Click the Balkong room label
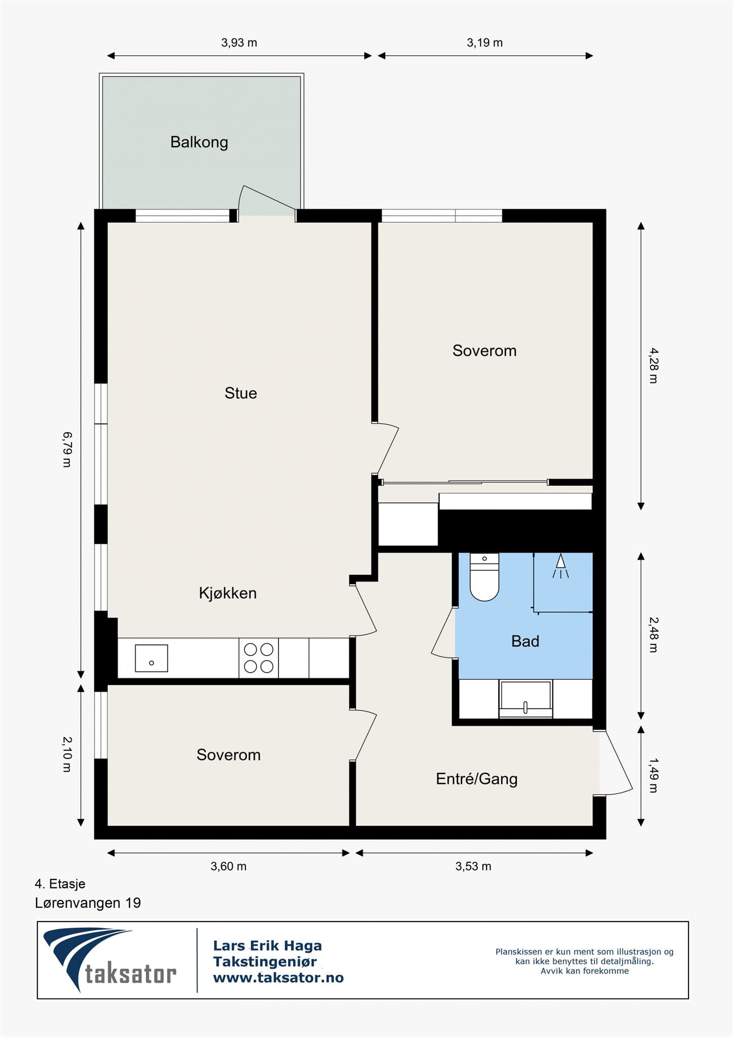pyautogui.click(x=199, y=142)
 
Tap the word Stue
pyautogui.click(x=241, y=393)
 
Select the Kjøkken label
pyautogui.click(x=228, y=593)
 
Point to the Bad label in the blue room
pyautogui.click(x=525, y=641)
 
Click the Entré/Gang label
pyautogui.click(x=477, y=778)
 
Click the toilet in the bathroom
pyautogui.click(x=484, y=577)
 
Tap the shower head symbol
pyautogui.click(x=560, y=566)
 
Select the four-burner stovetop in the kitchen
pyautogui.click(x=259, y=658)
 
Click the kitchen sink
pyautogui.click(x=151, y=658)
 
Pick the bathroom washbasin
pyautogui.click(x=525, y=699)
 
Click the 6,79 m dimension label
pyautogui.click(x=67, y=449)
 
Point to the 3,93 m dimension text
pyautogui.click(x=239, y=43)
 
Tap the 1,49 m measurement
pyautogui.click(x=653, y=775)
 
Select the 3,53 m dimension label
pyautogui.click(x=473, y=866)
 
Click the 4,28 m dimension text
pyautogui.click(x=653, y=366)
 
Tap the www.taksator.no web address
pyautogui.click(x=278, y=978)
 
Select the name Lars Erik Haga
pyautogui.click(x=267, y=945)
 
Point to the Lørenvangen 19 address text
pyautogui.click(x=88, y=903)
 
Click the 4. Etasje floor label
pyautogui.click(x=60, y=884)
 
